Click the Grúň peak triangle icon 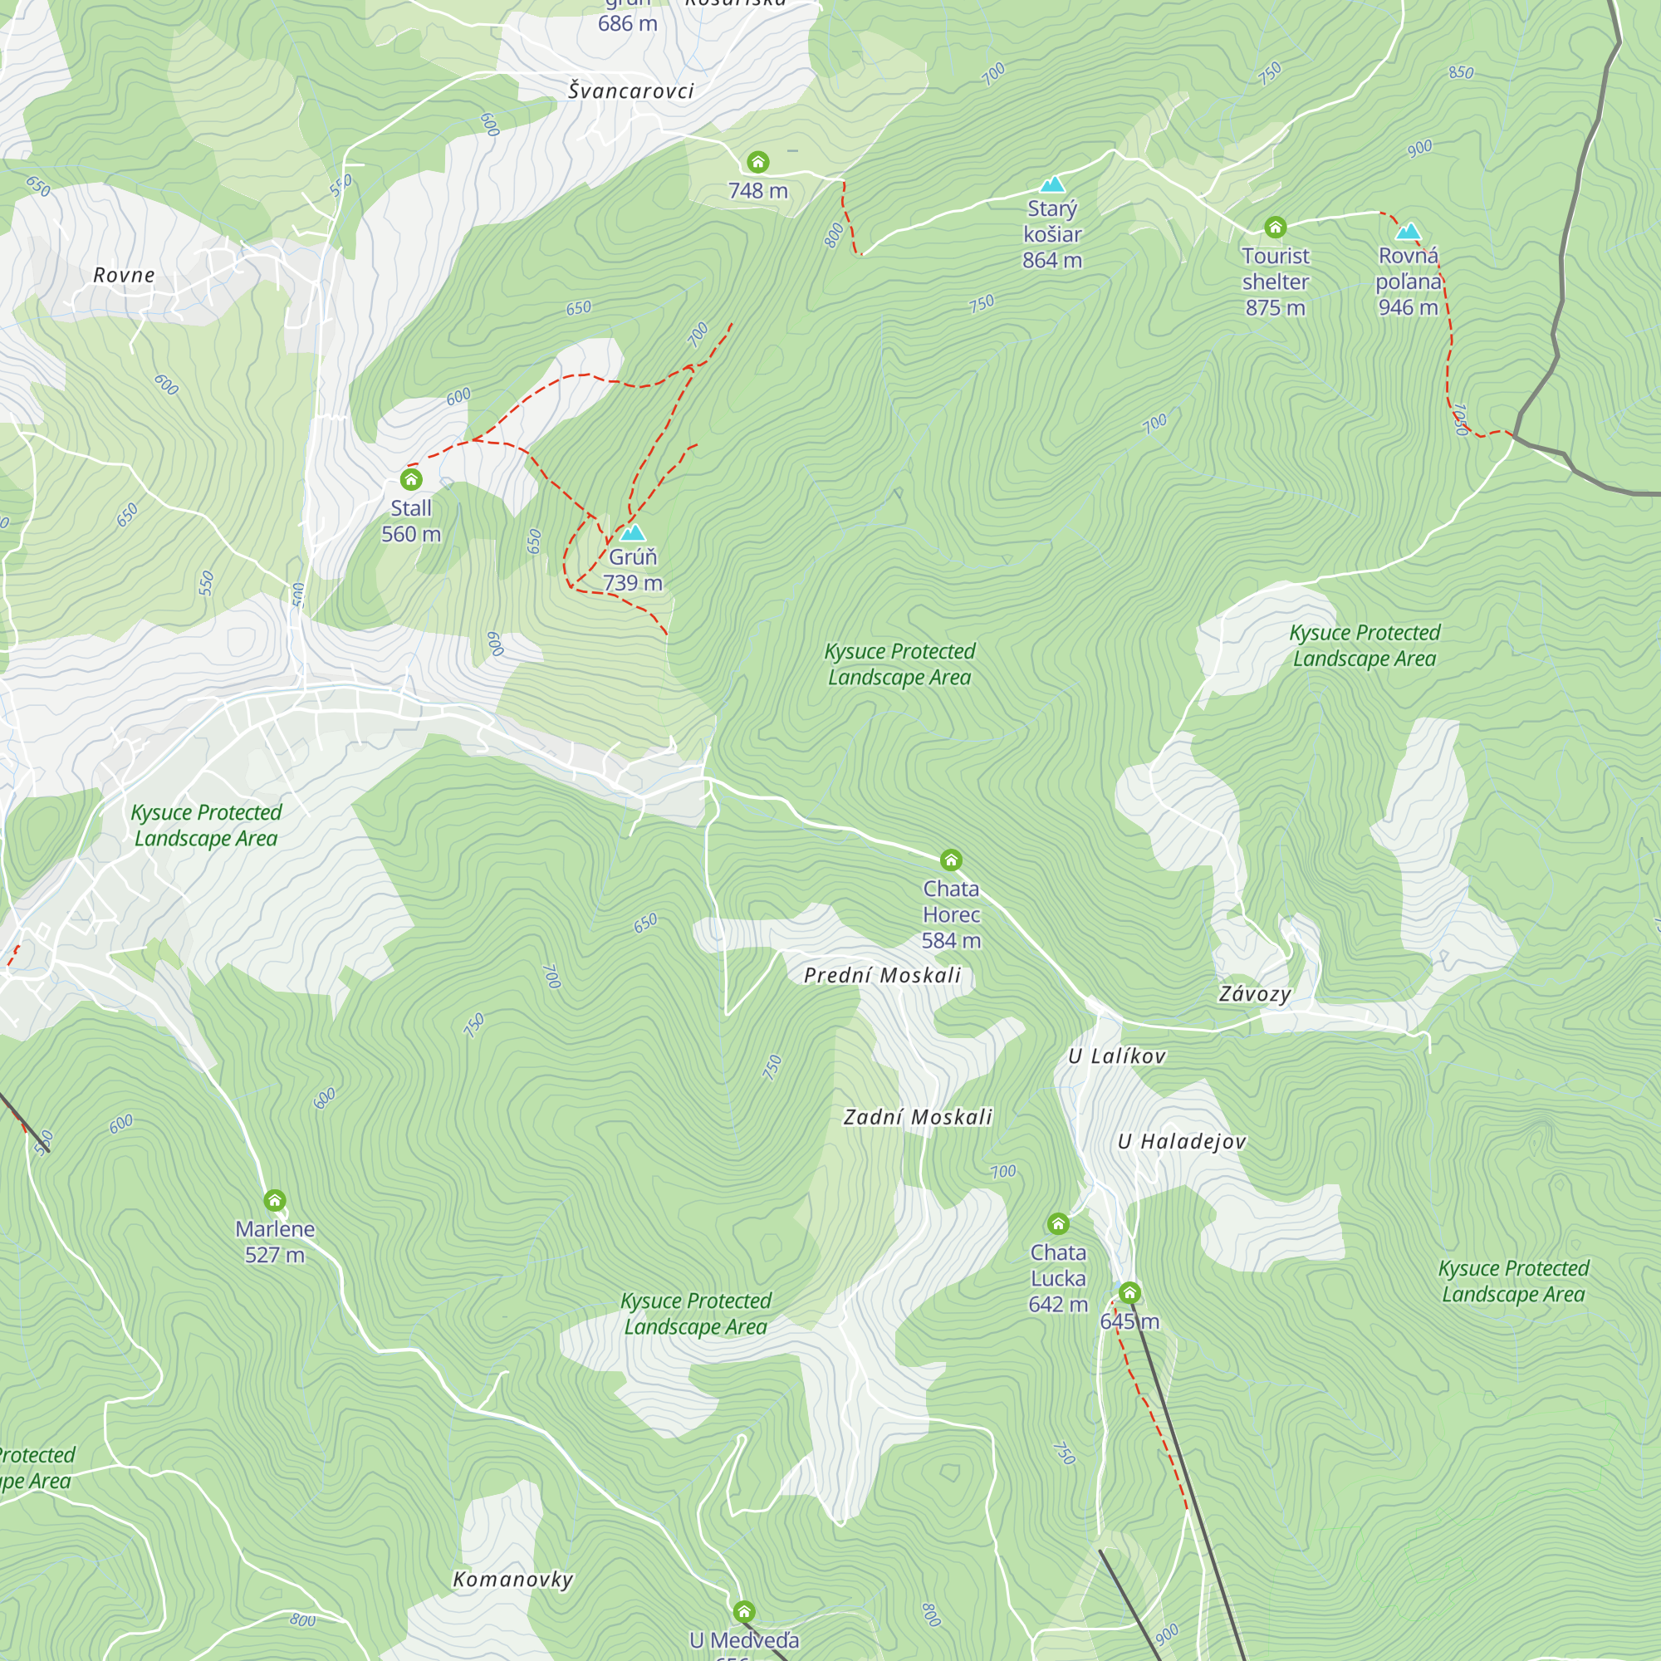point(633,533)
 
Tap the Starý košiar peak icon point(1052,185)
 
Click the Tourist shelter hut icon point(1275,227)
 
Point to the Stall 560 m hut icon point(411,479)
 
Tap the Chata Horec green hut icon point(951,860)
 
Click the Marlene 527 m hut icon point(274,1200)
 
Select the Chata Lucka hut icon point(1058,1223)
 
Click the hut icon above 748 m point(757,162)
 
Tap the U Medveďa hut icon point(744,1611)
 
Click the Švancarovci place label point(631,91)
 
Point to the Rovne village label point(124,275)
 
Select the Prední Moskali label point(882,975)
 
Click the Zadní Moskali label point(918,1117)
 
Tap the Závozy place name point(1254,995)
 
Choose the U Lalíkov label point(1117,1056)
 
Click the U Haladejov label point(1181,1142)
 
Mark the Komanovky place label point(512,1580)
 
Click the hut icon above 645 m point(1129,1293)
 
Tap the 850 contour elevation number point(1461,72)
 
